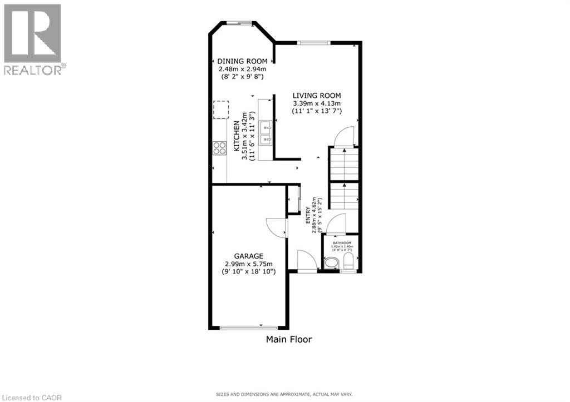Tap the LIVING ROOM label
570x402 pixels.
pos(317,95)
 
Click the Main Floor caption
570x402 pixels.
pos(289,339)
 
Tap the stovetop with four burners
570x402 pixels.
pos(219,148)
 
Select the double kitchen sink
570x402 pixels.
pos(265,132)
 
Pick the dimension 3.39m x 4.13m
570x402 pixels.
pos(317,103)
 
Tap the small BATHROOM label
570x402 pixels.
pos(342,243)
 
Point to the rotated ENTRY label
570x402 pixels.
pos(307,216)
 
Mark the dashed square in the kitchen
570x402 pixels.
pos(221,110)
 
